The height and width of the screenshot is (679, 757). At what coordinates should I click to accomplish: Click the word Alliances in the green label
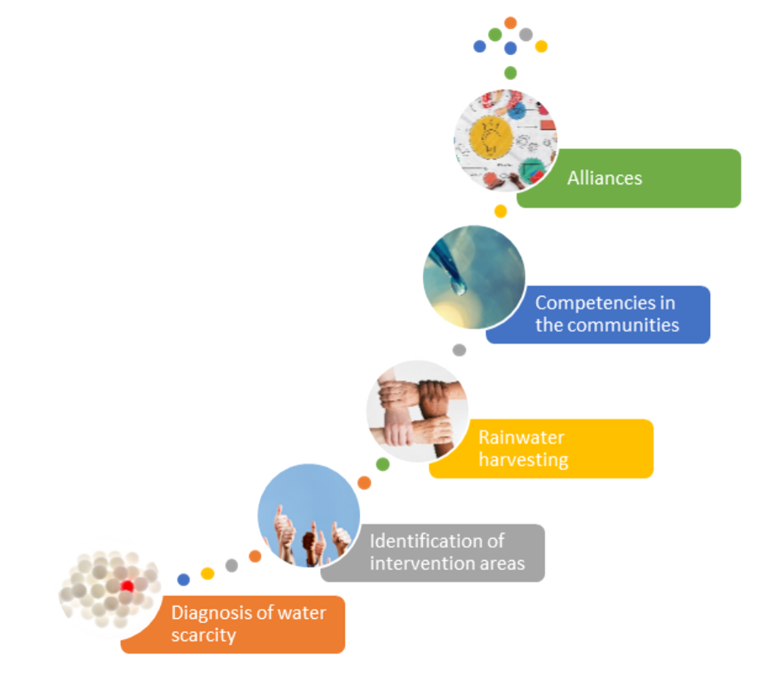pos(605,178)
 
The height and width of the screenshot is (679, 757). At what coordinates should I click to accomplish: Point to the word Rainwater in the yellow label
pos(522,438)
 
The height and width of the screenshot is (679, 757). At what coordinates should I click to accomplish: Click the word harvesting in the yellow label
pos(523,460)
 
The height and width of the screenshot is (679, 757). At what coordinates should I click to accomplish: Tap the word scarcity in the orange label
pos(204,635)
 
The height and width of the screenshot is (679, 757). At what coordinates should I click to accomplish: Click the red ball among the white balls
pos(127,586)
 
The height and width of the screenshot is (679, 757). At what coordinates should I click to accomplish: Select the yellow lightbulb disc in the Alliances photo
pos(491,137)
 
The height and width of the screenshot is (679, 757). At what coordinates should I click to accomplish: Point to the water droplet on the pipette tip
pos(459,288)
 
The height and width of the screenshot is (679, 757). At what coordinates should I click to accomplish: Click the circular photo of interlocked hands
pos(417,411)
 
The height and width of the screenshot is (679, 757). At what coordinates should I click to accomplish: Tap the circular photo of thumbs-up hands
pos(309,515)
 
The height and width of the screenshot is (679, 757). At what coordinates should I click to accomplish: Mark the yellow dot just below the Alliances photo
pos(501,211)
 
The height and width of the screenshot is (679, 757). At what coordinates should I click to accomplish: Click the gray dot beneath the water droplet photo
pos(459,350)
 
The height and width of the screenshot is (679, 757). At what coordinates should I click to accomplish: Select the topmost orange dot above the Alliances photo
pos(510,23)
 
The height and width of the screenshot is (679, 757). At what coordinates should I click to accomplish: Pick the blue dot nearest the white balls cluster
pos(183,580)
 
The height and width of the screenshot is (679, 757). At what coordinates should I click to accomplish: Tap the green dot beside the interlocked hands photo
pos(383,464)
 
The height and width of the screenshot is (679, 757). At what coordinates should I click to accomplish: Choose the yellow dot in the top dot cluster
pos(541,47)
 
